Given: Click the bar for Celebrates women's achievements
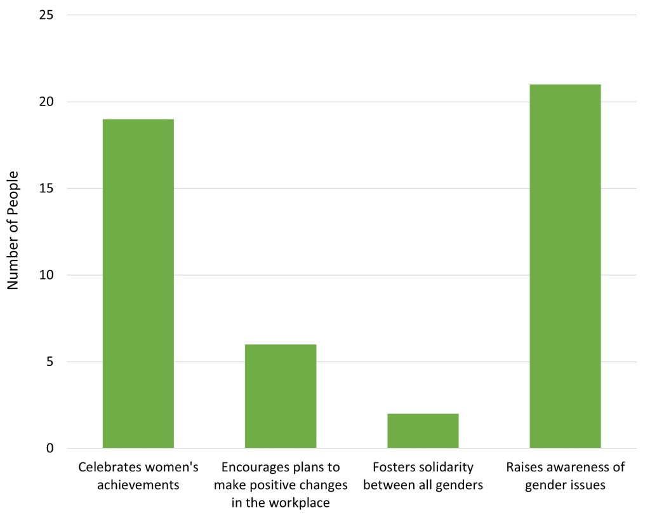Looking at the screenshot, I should click(138, 283).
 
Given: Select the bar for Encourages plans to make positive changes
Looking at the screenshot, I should click(281, 396).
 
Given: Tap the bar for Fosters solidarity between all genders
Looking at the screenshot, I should click(423, 431).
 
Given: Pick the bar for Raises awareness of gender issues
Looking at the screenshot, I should click(565, 266).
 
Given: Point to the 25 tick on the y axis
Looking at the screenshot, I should click(47, 15).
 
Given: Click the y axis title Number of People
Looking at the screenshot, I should click(13, 231).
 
